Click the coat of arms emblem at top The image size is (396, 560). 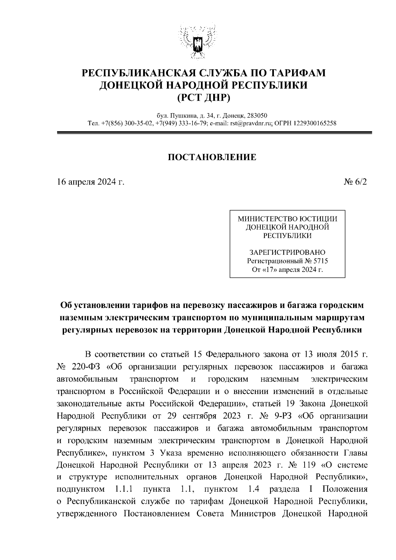coord(198,41)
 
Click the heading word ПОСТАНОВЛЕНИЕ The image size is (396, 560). coord(212,157)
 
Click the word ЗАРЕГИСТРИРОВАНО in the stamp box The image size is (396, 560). coord(287,253)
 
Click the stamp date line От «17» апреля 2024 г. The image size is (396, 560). coord(287,270)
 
